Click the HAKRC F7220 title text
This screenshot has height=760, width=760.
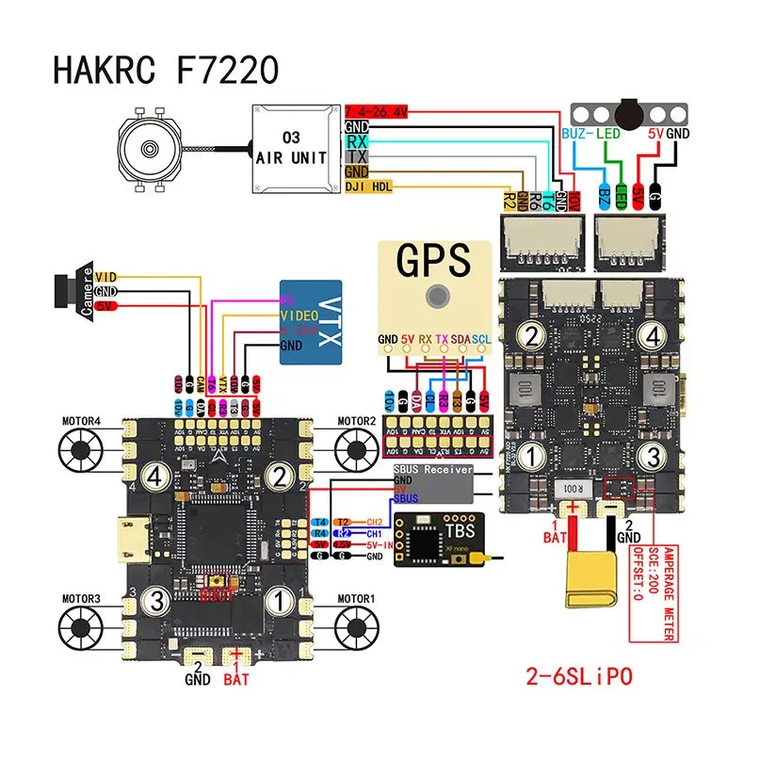coord(166,68)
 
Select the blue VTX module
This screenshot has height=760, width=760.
coord(314,323)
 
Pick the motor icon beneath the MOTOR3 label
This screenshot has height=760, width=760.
coord(81,624)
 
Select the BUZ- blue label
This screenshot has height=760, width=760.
coord(575,135)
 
